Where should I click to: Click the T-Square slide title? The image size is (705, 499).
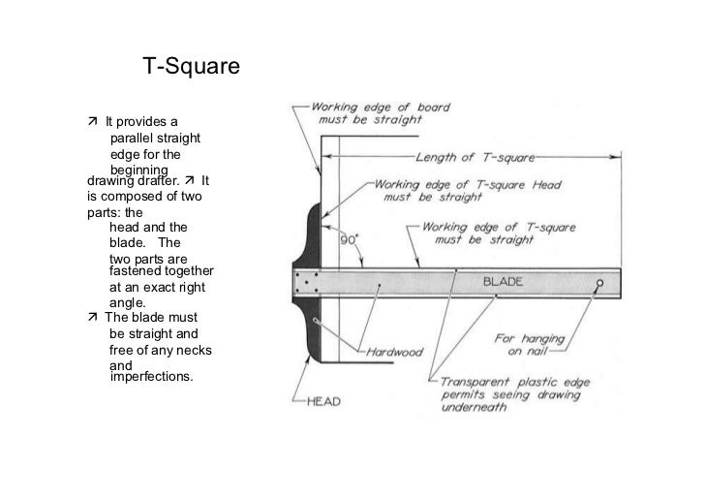click(191, 68)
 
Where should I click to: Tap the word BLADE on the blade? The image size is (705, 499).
click(503, 282)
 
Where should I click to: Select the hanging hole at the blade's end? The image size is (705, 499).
click(599, 284)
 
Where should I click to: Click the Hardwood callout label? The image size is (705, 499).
click(395, 352)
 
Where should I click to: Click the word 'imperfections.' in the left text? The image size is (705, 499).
click(152, 376)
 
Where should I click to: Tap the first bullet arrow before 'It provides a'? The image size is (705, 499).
click(91, 122)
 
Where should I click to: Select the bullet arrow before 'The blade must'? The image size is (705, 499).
click(91, 317)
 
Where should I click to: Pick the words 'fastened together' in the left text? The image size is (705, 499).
click(161, 272)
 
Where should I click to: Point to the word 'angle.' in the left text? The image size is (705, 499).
click(127, 303)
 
